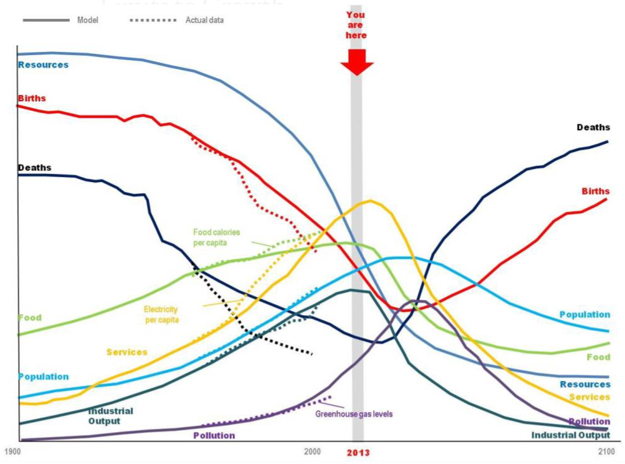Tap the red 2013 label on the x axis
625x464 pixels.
(x=359, y=452)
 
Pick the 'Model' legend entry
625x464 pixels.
(x=87, y=20)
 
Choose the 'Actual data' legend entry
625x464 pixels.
(x=204, y=20)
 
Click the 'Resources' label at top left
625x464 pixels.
(x=43, y=64)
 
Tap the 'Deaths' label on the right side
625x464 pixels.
(x=592, y=127)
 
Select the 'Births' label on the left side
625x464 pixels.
(x=32, y=98)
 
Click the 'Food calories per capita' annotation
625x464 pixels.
(x=216, y=237)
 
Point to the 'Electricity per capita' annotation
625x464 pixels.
(x=161, y=315)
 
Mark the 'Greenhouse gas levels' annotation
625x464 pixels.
(x=354, y=414)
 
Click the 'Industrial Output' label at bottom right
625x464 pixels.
(x=570, y=435)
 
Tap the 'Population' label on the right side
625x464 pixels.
(x=584, y=315)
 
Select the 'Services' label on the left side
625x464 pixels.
(x=126, y=352)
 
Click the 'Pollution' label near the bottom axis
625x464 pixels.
(x=214, y=435)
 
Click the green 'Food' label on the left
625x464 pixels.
(x=30, y=318)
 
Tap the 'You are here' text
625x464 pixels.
(x=356, y=25)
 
